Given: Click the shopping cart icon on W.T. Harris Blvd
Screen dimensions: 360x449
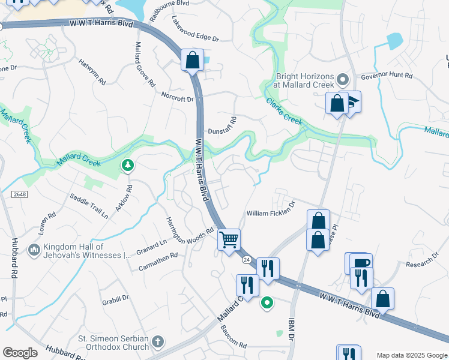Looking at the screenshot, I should (229, 240).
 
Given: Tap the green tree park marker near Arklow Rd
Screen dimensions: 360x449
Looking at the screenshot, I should (127, 165).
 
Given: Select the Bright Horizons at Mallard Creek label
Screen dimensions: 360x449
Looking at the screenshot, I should (304, 80).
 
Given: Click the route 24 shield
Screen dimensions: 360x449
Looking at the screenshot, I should (246, 260).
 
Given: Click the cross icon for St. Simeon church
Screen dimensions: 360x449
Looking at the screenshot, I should (157, 342).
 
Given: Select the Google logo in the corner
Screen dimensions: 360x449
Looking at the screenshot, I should (20, 353).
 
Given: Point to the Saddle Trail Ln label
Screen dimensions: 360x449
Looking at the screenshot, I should (89, 205).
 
